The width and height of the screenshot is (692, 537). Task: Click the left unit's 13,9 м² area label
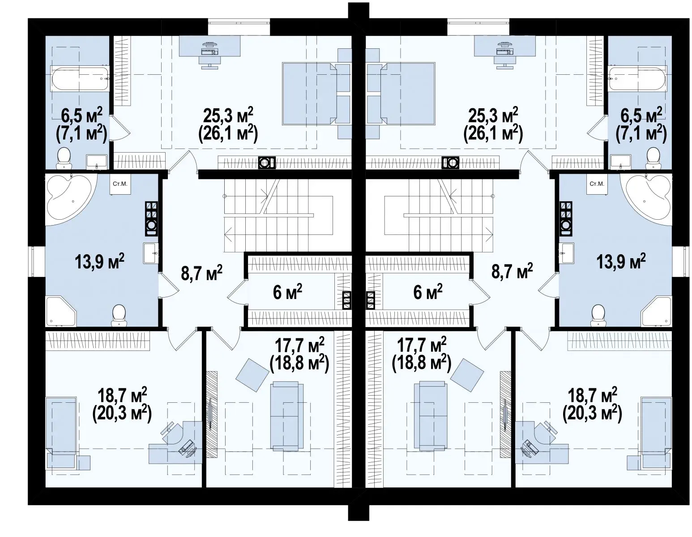click(100, 262)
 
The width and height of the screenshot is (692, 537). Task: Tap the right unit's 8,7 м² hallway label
click(512, 271)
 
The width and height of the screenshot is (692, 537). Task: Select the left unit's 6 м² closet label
click(287, 292)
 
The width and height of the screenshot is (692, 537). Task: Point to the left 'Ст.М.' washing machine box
click(120, 183)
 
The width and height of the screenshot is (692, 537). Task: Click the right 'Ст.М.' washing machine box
click(597, 183)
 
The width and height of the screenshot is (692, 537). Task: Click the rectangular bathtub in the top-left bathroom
click(80, 78)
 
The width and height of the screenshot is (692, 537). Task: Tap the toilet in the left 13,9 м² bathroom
click(119, 315)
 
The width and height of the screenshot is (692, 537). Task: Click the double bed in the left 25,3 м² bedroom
click(309, 93)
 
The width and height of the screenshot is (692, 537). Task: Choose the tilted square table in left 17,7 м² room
click(252, 375)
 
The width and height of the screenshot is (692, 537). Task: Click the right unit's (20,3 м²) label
click(592, 414)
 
